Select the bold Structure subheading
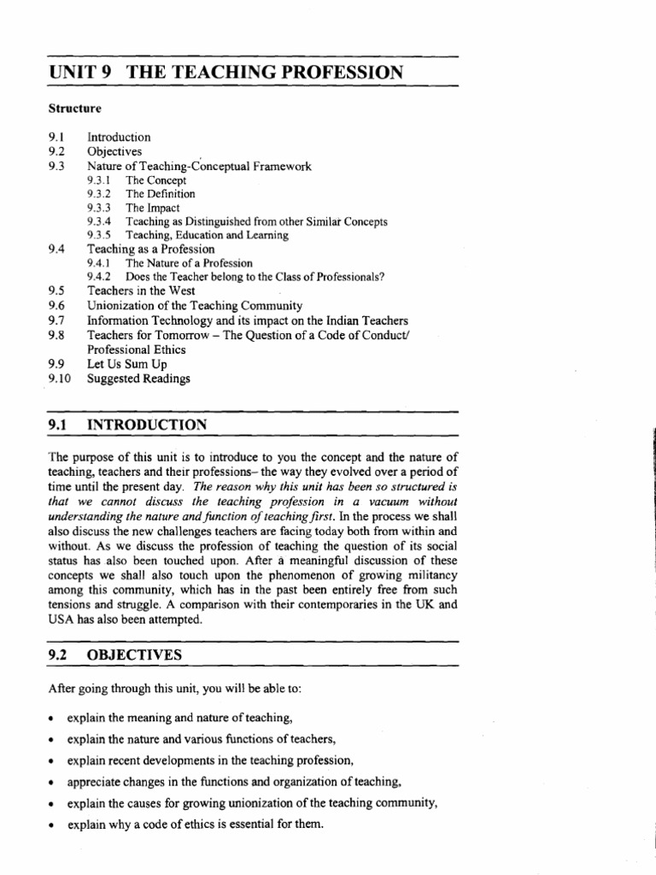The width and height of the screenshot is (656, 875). pos(74,109)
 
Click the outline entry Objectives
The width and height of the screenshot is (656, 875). pos(114,151)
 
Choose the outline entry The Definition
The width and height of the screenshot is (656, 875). pos(161,194)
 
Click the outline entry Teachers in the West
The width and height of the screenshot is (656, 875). pos(141,291)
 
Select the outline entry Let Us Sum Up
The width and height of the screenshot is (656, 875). pos(127,363)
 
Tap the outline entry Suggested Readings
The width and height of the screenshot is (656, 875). pos(139,378)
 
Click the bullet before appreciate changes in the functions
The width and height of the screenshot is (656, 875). pos(52,782)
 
